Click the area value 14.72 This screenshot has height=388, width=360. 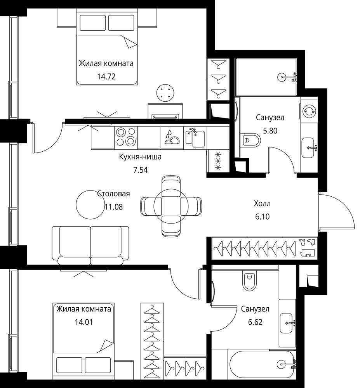pyautogui.click(x=106, y=76)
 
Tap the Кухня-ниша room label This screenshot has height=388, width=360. pyautogui.click(x=140, y=157)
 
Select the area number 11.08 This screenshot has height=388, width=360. pyautogui.click(x=114, y=207)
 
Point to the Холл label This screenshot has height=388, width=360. pyautogui.click(x=262, y=203)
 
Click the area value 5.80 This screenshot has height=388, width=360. pyautogui.click(x=270, y=130)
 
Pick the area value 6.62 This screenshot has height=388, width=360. pyautogui.click(x=255, y=322)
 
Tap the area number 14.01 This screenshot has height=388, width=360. pyautogui.click(x=83, y=322)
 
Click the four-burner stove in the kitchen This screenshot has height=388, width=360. pyautogui.click(x=126, y=138)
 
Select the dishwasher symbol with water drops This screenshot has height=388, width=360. pyautogui.click(x=172, y=138)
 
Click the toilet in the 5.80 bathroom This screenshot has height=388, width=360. pyautogui.click(x=250, y=140)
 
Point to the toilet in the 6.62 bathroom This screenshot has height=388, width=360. pyautogui.click(x=249, y=280)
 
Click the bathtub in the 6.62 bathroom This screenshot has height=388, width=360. pyautogui.click(x=263, y=364)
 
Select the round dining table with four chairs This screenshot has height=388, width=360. pyautogui.click(x=171, y=206)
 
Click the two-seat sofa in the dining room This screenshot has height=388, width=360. pyautogui.click(x=90, y=245)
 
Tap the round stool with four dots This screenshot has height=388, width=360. pyautogui.click(x=165, y=93)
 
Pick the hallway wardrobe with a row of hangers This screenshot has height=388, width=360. pyautogui.click(x=263, y=249)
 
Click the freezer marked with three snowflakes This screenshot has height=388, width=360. pyautogui.click(x=218, y=161)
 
